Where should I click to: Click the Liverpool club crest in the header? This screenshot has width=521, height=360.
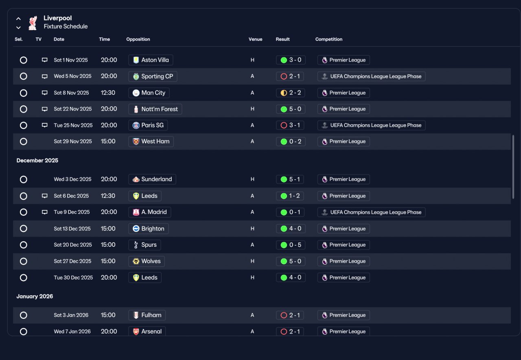coord(33,23)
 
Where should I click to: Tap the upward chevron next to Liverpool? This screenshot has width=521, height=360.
coord(18,19)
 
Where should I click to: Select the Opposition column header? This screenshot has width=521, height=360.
coord(138,39)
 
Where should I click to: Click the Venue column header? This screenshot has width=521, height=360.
coord(255,39)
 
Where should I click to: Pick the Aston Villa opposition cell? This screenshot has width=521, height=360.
coord(151,60)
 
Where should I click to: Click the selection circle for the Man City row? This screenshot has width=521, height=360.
coord(23,93)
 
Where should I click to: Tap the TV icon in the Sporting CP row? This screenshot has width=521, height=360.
coord(44,76)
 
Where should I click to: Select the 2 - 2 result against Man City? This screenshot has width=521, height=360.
coord(290,93)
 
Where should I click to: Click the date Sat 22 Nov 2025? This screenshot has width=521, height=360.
coord(72,109)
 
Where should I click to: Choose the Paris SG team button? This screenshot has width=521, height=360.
coord(148,125)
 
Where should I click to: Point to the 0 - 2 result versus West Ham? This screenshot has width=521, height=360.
coord(291,141)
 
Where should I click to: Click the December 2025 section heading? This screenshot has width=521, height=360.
coord(37,160)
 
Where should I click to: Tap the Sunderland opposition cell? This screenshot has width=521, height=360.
coord(152,179)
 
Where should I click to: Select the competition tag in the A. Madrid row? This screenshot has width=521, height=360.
coord(371,212)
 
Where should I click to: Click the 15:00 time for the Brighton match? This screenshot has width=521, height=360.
coord(108,228)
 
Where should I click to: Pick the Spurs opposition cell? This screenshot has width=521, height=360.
coord(144,245)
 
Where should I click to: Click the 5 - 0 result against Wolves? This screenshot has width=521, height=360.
coord(291,261)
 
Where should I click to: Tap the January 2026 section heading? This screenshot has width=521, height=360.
coord(35,296)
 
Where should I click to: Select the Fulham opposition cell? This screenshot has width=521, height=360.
coord(147,315)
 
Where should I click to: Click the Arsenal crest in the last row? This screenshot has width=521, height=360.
coord(136,331)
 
